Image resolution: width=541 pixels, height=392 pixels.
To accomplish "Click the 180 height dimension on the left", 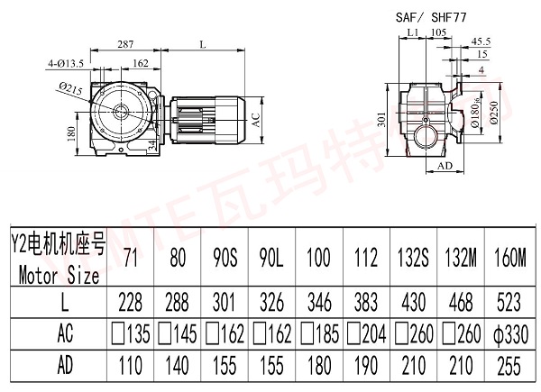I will pyautogui.click(x=71, y=134).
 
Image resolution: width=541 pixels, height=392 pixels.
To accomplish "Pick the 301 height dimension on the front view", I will pyautogui.click(x=382, y=120).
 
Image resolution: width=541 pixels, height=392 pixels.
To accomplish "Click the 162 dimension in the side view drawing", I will pyautogui.click(x=141, y=63).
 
